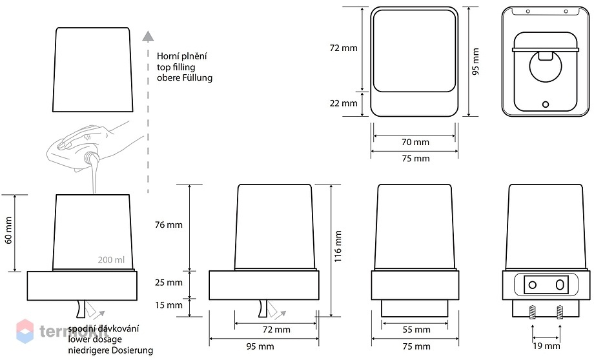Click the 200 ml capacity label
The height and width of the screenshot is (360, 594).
click(x=111, y=260)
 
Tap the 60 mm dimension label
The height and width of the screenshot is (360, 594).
click(x=8, y=230)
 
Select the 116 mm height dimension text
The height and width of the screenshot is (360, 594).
click(x=338, y=246)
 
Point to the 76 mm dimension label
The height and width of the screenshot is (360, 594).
click(x=169, y=225)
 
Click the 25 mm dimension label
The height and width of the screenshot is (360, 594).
click(x=169, y=283)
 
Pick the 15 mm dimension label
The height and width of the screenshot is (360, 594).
click(x=169, y=305)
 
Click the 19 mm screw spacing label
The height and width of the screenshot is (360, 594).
click(x=546, y=346)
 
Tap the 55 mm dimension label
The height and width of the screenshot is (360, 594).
click(x=416, y=330)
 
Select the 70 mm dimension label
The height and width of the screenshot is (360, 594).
click(x=416, y=143)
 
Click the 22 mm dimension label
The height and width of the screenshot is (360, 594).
click(x=343, y=103)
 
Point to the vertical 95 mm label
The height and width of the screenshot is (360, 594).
click(x=476, y=61)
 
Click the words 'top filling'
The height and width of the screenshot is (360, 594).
click(x=176, y=67)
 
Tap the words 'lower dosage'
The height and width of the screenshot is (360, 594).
click(x=95, y=339)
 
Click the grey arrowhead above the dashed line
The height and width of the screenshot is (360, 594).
click(x=148, y=36)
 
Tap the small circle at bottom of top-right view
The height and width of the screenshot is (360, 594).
click(x=546, y=104)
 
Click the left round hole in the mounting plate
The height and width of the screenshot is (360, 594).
click(x=533, y=285)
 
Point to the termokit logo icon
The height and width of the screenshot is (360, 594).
click(x=25, y=331)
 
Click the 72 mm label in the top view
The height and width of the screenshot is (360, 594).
click(x=343, y=48)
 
